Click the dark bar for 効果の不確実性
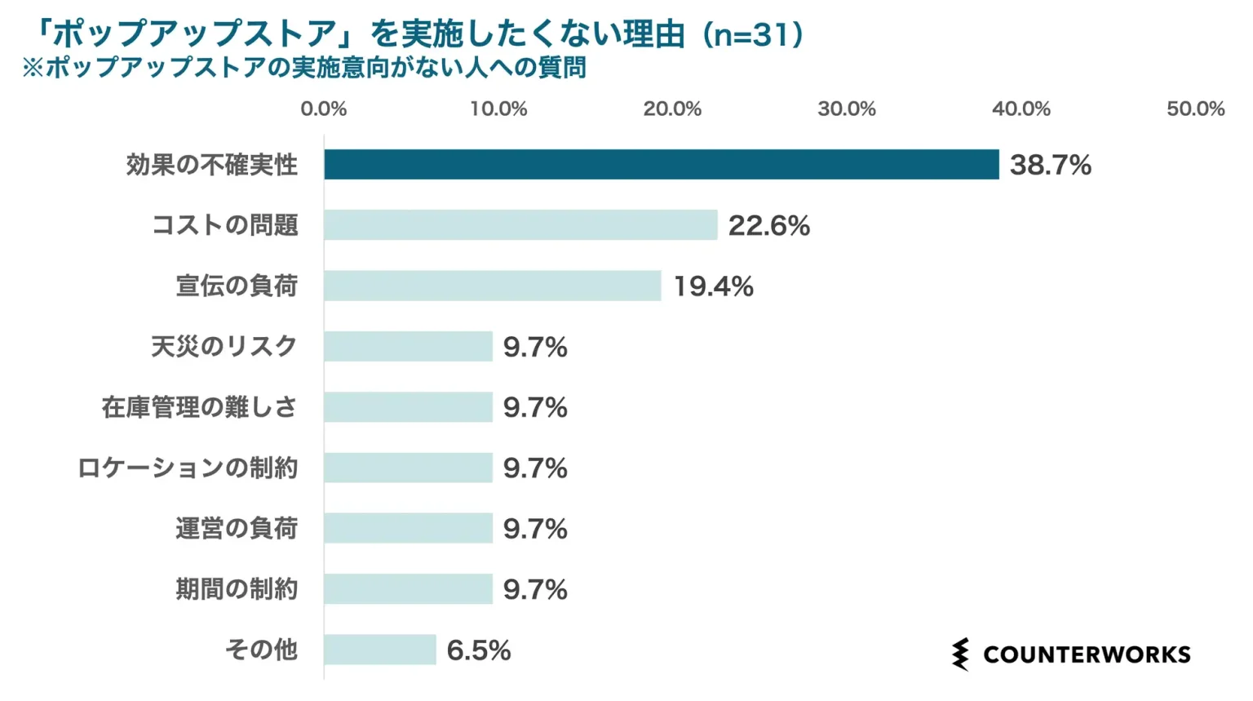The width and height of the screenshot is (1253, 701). pos(661,164)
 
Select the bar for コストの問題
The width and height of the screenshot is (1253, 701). pos(520,225)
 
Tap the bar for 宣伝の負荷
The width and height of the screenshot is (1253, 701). pos(492,286)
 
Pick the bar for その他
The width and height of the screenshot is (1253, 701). pos(380,650)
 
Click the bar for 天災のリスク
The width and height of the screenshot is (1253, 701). pos(408,346)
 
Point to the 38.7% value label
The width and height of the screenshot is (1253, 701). pos(1050,165)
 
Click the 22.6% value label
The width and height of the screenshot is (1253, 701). pos(768,226)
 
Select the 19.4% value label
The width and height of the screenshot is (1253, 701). pos(713,286)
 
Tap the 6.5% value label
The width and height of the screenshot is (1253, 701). pos(479,650)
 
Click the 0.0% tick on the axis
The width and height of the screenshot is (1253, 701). pos(324,109)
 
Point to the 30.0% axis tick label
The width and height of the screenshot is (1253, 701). pos(847,109)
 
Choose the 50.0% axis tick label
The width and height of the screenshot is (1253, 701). pos(1195,109)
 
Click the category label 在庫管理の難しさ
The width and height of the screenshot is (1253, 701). pos(199,406)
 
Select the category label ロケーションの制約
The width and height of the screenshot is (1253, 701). pos(188,468)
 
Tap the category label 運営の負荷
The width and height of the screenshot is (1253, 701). pos(237,528)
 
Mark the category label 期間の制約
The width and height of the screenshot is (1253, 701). pos(237,588)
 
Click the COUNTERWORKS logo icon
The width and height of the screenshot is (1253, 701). pos(961,654)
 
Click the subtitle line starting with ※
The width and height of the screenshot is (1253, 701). pos(303,68)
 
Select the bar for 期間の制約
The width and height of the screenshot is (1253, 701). pos(408,588)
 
